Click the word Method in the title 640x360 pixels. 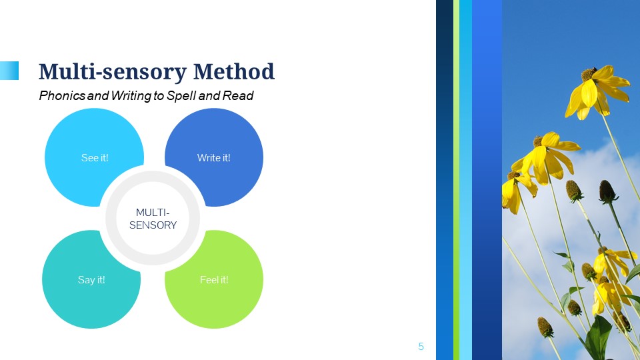pos(233,71)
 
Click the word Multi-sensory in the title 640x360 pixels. pos(112,72)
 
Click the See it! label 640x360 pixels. pos(95,157)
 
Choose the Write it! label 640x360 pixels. pos(213,157)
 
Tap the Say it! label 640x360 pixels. pos(91,280)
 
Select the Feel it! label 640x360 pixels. pos(214,279)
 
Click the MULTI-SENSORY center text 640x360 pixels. pos(153,219)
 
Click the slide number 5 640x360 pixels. pos(421,347)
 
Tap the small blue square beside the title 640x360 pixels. pos(9,71)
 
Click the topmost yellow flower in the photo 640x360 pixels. pos(595,91)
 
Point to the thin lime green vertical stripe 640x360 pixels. pos(456,180)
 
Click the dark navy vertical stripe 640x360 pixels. pos(445,180)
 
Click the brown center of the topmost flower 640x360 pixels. pos(589,74)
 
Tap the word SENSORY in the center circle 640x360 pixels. pos(153,225)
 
